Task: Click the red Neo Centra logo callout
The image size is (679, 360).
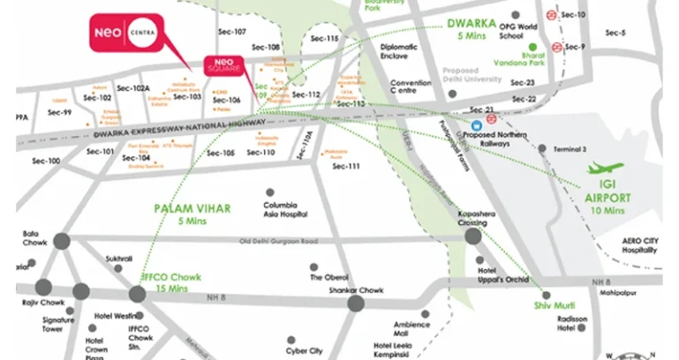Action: (x=130, y=34)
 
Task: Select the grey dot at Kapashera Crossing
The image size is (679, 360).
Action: (x=473, y=236)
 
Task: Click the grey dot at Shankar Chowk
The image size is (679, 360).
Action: (x=356, y=303)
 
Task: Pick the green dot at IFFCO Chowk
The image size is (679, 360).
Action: (x=137, y=291)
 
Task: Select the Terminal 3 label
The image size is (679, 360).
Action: (x=570, y=148)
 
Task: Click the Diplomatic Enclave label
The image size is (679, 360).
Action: (x=398, y=54)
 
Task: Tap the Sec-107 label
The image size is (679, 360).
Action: (x=232, y=32)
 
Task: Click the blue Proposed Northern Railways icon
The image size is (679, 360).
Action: (x=477, y=125)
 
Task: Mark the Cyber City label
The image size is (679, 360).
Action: (x=309, y=350)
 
